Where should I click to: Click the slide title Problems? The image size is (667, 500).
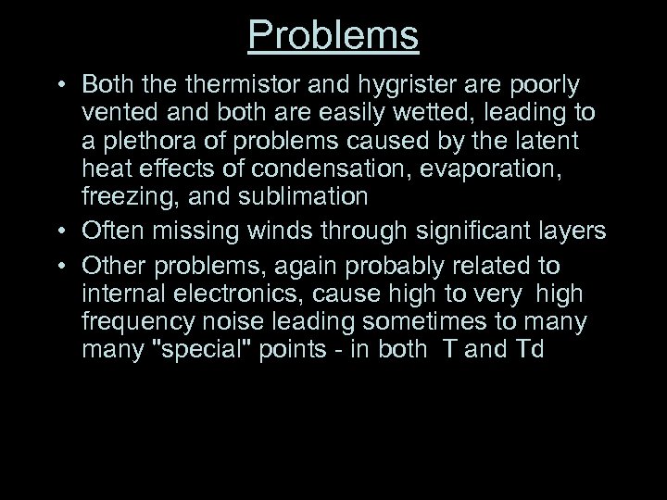333,36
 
